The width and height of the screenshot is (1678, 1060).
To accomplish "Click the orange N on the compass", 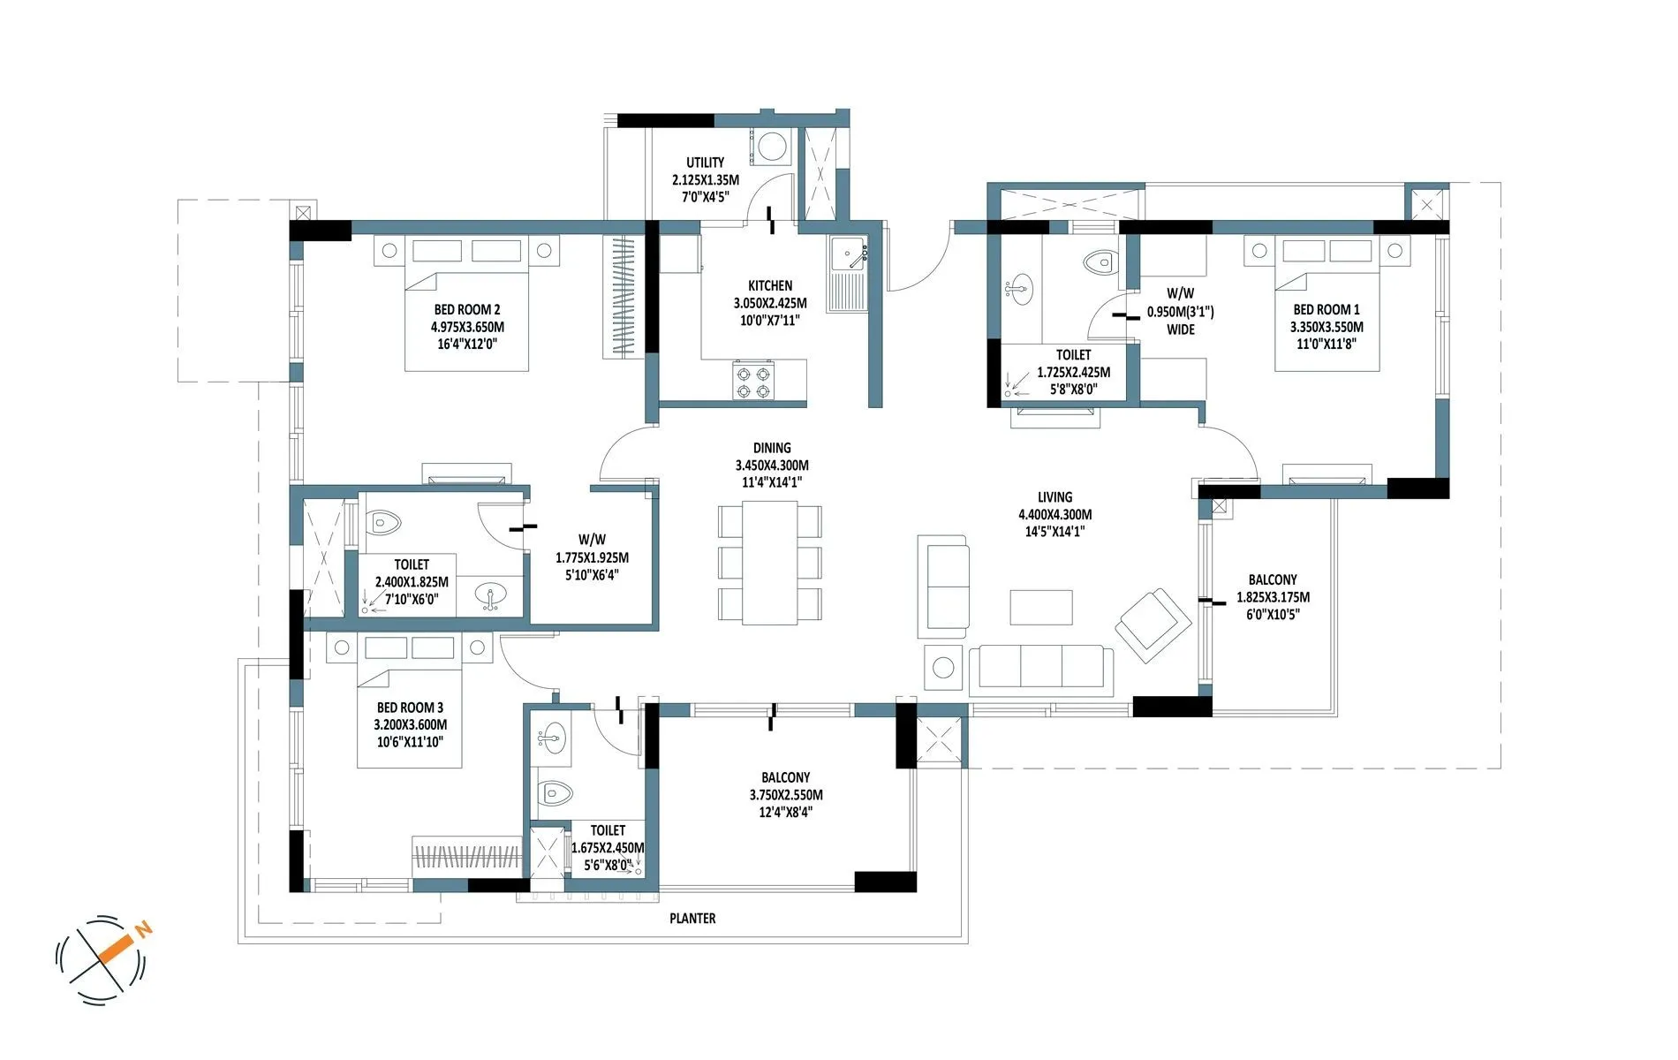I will tap(144, 928).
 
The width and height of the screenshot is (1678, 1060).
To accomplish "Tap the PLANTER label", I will tap(692, 919).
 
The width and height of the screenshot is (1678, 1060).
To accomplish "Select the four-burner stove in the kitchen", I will tap(752, 382).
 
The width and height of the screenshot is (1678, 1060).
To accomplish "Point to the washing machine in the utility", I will tap(773, 147).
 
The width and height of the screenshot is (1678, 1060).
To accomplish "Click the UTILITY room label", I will tap(705, 163).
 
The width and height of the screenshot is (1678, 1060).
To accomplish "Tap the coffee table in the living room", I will tap(1041, 608).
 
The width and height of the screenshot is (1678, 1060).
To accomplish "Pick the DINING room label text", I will tap(772, 448).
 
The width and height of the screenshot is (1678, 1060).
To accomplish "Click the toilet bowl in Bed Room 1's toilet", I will tap(1099, 261).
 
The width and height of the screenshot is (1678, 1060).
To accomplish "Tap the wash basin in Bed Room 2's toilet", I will tap(491, 596).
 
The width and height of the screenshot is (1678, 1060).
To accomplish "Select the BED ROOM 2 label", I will tap(466, 310).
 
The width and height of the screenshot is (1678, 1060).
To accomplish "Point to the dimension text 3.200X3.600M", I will tap(410, 725).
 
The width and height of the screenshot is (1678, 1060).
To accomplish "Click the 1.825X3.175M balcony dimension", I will tap(1273, 597).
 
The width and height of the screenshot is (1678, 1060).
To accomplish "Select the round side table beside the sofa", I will tap(943, 668).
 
